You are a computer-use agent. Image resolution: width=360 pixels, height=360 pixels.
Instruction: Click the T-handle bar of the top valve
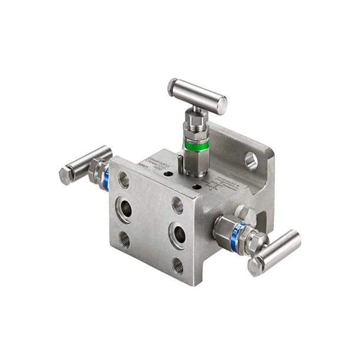197,96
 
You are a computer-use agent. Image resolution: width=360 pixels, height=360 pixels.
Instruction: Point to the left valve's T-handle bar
86,164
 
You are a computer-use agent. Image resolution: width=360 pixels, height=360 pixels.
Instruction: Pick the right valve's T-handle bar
275,252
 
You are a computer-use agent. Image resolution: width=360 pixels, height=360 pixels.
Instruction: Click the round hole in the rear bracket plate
251,160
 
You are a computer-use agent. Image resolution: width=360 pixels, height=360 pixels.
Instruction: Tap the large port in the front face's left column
124,209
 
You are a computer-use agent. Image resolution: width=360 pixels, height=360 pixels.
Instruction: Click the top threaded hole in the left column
124,179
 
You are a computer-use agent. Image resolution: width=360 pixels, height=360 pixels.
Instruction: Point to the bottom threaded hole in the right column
178,266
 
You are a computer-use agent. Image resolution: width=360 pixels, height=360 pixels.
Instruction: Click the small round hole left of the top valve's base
169,174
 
